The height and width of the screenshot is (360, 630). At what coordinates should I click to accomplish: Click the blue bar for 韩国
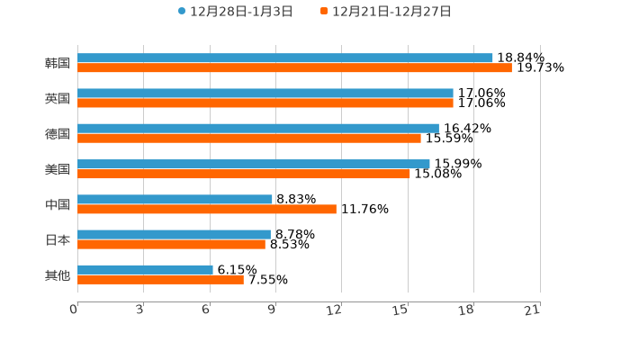(x=285, y=58)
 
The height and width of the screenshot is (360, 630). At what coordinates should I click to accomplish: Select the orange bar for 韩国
(x=294, y=67)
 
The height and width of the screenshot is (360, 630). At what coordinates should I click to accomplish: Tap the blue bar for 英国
(x=265, y=93)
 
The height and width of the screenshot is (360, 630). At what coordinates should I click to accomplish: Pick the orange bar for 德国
(x=249, y=138)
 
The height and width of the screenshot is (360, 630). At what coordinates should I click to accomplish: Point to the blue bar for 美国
(x=254, y=164)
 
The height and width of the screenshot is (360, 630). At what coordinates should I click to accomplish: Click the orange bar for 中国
(x=207, y=209)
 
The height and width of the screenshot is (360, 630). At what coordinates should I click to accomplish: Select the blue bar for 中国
(x=175, y=199)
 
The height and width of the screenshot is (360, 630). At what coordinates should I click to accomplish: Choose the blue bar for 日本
(x=174, y=234)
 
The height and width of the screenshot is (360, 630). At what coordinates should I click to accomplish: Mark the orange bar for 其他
(x=160, y=279)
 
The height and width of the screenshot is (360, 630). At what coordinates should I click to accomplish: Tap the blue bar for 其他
(x=145, y=269)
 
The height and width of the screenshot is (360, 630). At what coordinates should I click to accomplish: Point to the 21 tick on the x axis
(x=532, y=310)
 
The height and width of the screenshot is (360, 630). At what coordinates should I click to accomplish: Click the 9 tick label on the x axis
(x=272, y=310)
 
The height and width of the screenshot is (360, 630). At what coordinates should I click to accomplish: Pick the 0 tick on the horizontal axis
(x=74, y=310)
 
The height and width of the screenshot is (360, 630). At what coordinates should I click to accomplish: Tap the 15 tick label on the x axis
(x=400, y=310)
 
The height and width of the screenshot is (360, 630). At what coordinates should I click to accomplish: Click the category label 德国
(x=58, y=133)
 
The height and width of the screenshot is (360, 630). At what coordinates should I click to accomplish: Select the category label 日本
(x=58, y=239)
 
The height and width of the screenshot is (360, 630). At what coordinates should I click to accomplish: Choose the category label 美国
(x=58, y=168)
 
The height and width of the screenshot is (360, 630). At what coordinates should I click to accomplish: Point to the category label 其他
(x=58, y=274)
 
